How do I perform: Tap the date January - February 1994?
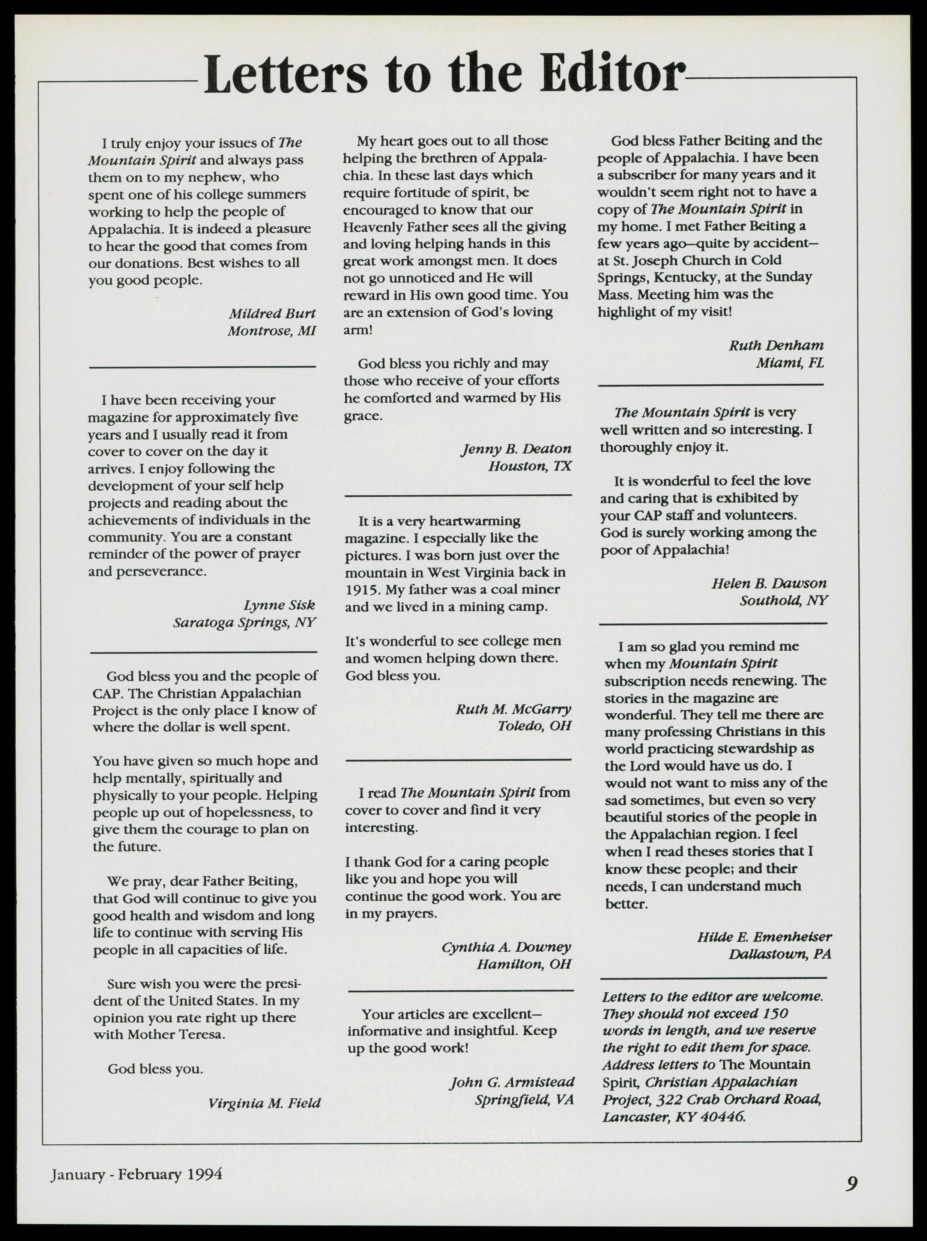pyautogui.click(x=137, y=1174)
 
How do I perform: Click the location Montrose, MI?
pyautogui.click(x=272, y=331)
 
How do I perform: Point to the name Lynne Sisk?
pyautogui.click(x=279, y=605)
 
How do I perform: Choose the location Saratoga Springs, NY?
pyautogui.click(x=245, y=622)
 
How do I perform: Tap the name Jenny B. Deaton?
pyautogui.click(x=516, y=449)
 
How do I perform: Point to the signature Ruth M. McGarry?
pyautogui.click(x=513, y=709)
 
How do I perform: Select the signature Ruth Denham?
pyautogui.click(x=776, y=346)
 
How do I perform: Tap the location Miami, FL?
pyautogui.click(x=790, y=363)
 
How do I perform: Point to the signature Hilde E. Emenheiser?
pyautogui.click(x=764, y=937)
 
